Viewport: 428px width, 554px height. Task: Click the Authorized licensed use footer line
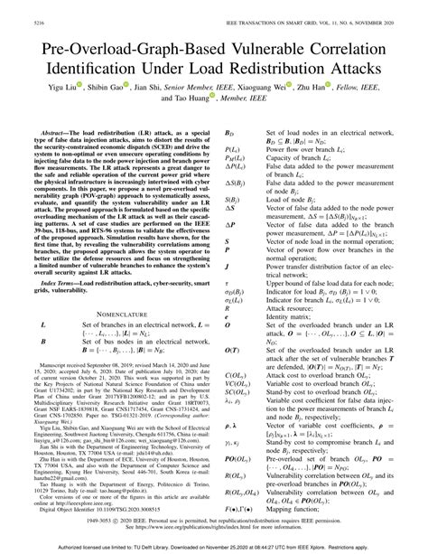[x=214, y=546]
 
